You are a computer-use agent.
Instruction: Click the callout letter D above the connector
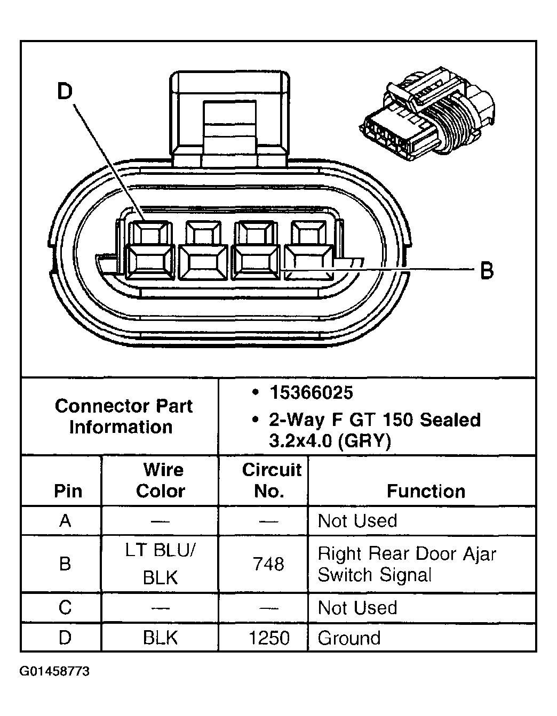pos(65,92)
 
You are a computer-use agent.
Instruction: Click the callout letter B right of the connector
pos(487,271)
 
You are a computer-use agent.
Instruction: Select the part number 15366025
pos(311,393)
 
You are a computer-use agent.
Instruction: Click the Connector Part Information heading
pos(122,416)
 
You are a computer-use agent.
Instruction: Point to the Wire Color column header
pos(162,480)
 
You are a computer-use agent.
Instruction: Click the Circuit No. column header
pos(270,480)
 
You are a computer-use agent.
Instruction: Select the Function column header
pos(425,491)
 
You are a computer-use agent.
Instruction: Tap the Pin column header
pos(68,491)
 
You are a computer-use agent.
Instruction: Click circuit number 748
pos(269,564)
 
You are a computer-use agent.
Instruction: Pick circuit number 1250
pos(269,638)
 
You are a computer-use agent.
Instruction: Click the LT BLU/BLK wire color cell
pos(161,564)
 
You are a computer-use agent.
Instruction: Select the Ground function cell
pos(349,638)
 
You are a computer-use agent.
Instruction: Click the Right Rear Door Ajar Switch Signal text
pos(407,564)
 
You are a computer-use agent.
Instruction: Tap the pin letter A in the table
pos(65,521)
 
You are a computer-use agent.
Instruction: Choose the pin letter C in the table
pos(65,608)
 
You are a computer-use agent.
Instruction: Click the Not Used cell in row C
pos(357,608)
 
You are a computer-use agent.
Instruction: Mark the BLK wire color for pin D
pos(161,638)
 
